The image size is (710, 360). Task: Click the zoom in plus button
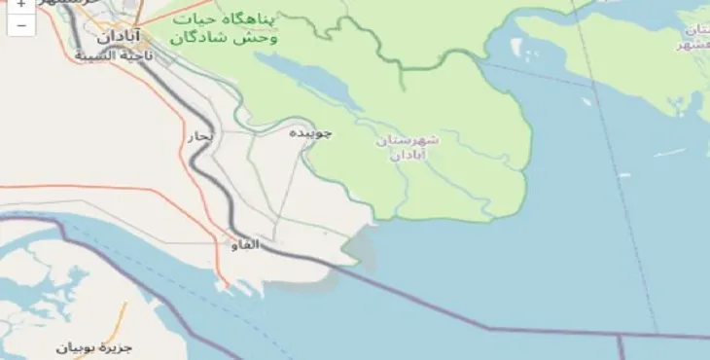coord(20,5)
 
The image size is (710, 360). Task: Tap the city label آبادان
coord(121,37)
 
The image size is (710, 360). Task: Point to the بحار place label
coord(198,137)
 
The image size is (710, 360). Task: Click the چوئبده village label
coord(311,132)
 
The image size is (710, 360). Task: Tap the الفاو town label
coord(245,244)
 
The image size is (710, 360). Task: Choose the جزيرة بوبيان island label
coord(93,346)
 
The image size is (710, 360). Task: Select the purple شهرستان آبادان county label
coord(406,149)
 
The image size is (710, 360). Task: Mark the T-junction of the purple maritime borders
coord(621,336)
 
